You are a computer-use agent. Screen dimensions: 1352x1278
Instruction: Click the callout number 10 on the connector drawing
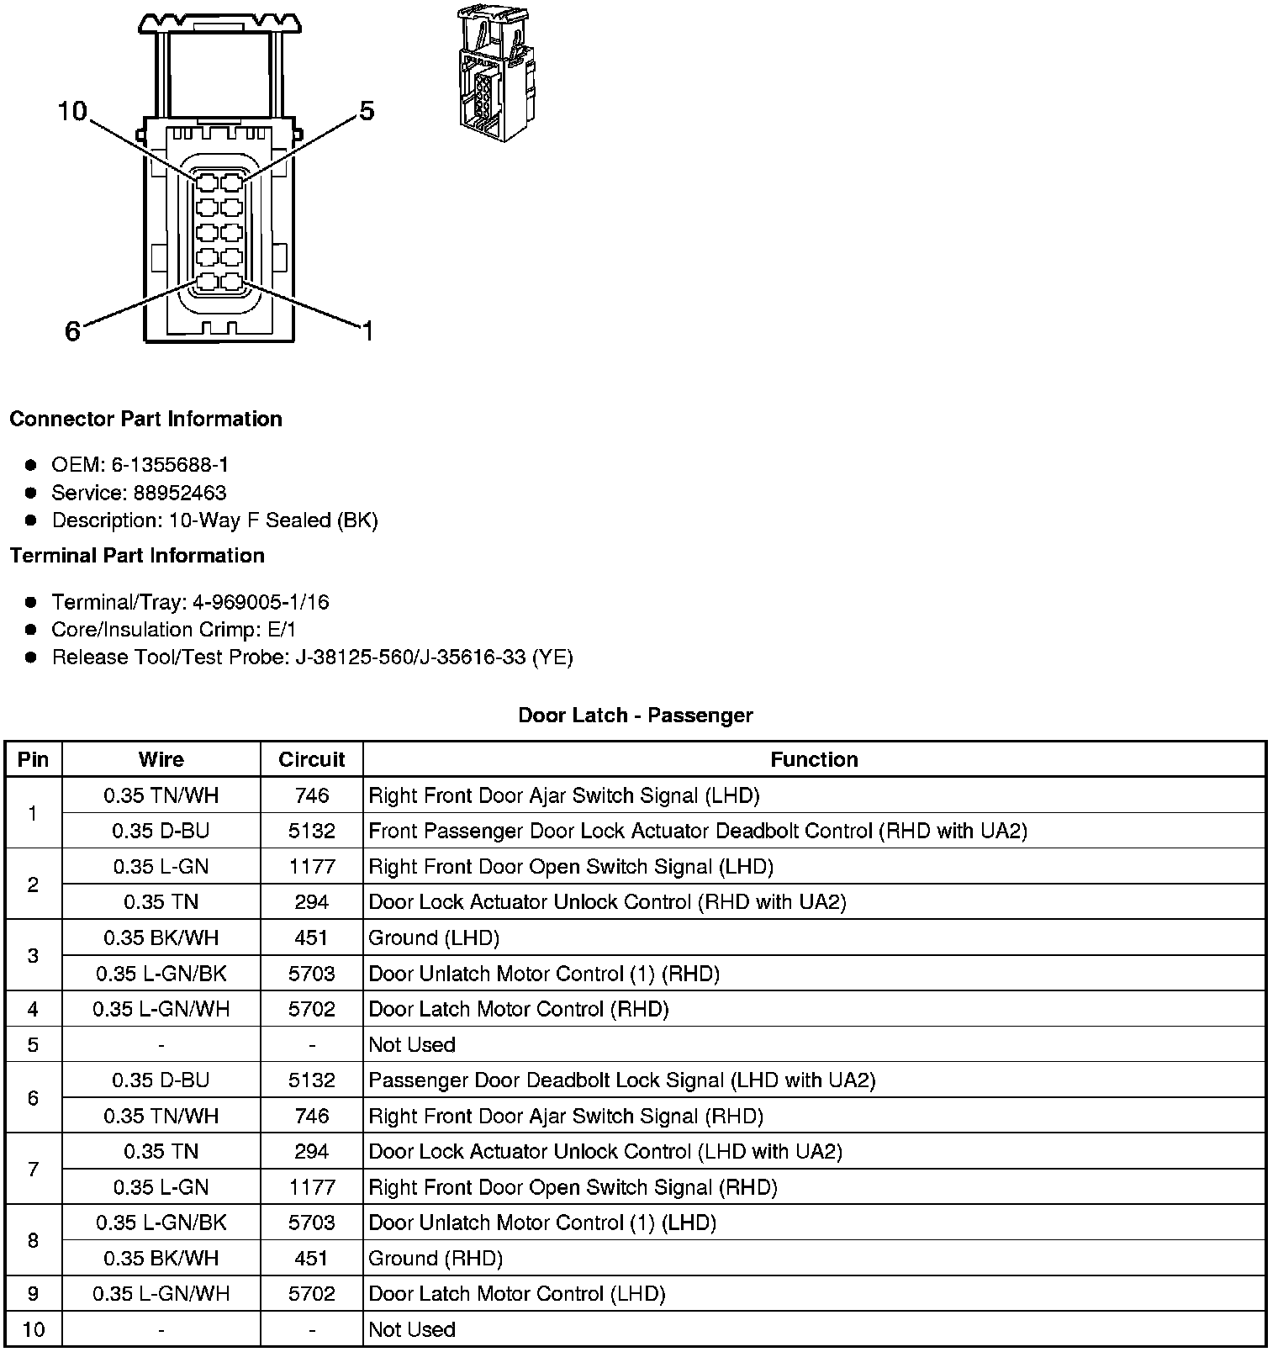coord(72,111)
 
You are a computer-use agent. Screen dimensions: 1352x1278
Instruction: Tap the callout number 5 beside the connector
coord(366,110)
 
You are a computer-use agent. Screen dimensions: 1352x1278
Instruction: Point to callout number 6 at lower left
coord(73,331)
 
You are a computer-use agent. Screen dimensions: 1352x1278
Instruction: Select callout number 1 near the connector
coord(367,331)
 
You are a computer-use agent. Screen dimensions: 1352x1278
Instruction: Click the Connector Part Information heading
coord(145,419)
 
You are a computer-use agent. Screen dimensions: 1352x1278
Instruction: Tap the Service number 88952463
coord(179,493)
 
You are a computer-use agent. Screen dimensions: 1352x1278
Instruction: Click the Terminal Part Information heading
coord(137,556)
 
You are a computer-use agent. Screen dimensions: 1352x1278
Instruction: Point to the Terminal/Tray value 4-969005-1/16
coord(261,602)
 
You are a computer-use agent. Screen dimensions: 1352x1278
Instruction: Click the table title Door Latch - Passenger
coord(636,716)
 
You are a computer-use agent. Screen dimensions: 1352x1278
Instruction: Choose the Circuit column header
coord(312,759)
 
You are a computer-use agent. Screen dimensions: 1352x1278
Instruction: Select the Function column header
coord(814,759)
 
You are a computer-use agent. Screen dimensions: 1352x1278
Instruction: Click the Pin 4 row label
coord(33,1009)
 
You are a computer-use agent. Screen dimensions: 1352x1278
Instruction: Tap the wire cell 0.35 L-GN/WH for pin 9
coord(161,1294)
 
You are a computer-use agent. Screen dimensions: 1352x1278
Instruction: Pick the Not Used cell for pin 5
coord(412,1044)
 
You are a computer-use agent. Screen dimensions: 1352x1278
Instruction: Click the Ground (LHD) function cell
coord(434,937)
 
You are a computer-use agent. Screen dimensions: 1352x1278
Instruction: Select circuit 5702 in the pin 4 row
coord(312,1009)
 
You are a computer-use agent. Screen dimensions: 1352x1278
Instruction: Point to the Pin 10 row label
coord(33,1329)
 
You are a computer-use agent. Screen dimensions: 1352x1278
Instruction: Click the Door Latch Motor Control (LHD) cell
coord(517,1294)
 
